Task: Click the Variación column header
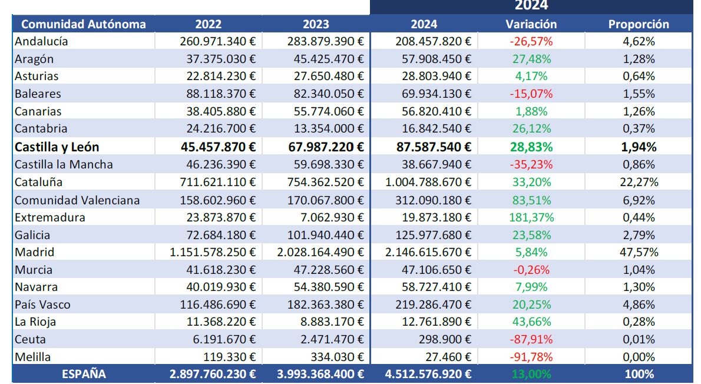[x=531, y=24]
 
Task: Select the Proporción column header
[x=639, y=24]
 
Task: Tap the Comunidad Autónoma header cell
[x=83, y=24]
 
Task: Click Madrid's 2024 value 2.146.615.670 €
[x=428, y=252]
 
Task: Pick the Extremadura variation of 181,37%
[x=531, y=217]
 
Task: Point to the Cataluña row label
[x=39, y=182]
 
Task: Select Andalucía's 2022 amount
[x=218, y=41]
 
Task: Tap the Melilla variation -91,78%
[x=531, y=357]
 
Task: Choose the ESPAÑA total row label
[x=84, y=374]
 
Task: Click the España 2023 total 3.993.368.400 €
[x=320, y=374]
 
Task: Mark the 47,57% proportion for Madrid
[x=639, y=252]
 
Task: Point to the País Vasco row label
[x=42, y=304]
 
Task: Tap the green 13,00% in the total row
[x=531, y=374]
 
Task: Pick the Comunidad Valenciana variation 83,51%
[x=531, y=200]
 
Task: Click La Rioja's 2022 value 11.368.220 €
[x=221, y=322]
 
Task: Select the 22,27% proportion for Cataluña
[x=639, y=182]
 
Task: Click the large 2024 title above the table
[x=531, y=6]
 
